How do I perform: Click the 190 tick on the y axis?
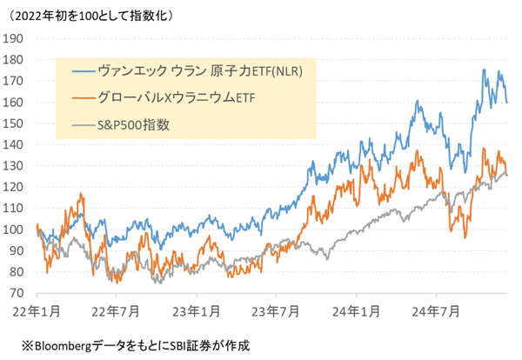(x=14, y=38)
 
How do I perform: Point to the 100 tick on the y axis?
(x=14, y=230)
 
